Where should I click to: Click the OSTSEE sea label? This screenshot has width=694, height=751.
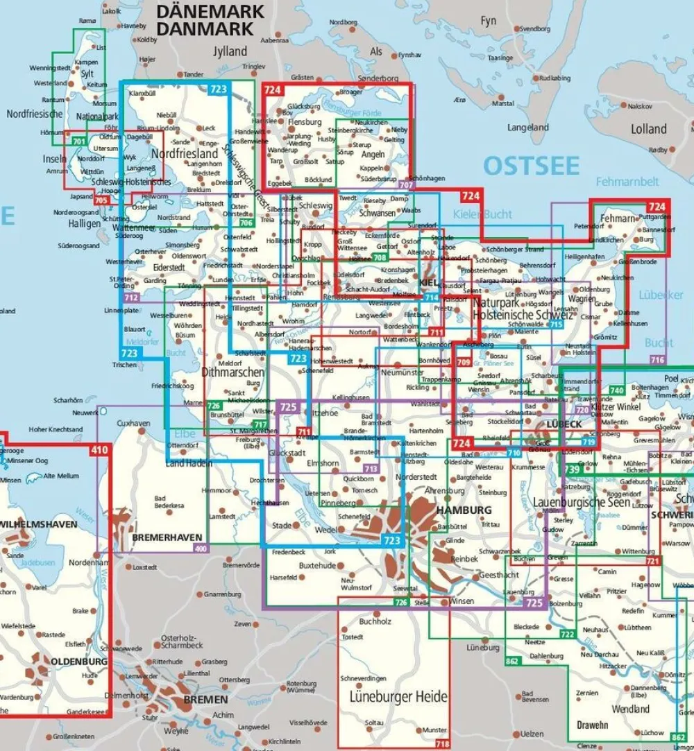pos(531,166)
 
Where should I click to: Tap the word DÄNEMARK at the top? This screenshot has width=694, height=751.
pos(211,12)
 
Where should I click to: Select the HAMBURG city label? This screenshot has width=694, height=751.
pos(464,510)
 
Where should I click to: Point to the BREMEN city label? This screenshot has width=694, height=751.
pos(206,699)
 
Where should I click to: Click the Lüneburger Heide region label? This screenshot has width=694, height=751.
pos(393,696)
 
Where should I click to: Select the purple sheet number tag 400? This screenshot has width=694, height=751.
pos(201,549)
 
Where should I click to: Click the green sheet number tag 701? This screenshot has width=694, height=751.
pos(78,142)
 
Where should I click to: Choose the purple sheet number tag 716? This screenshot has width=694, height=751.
pos(657,359)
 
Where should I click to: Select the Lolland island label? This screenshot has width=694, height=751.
pos(649,129)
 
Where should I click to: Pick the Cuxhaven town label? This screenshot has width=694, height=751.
pos(133,423)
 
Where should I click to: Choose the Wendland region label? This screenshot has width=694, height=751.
pos(630,709)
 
